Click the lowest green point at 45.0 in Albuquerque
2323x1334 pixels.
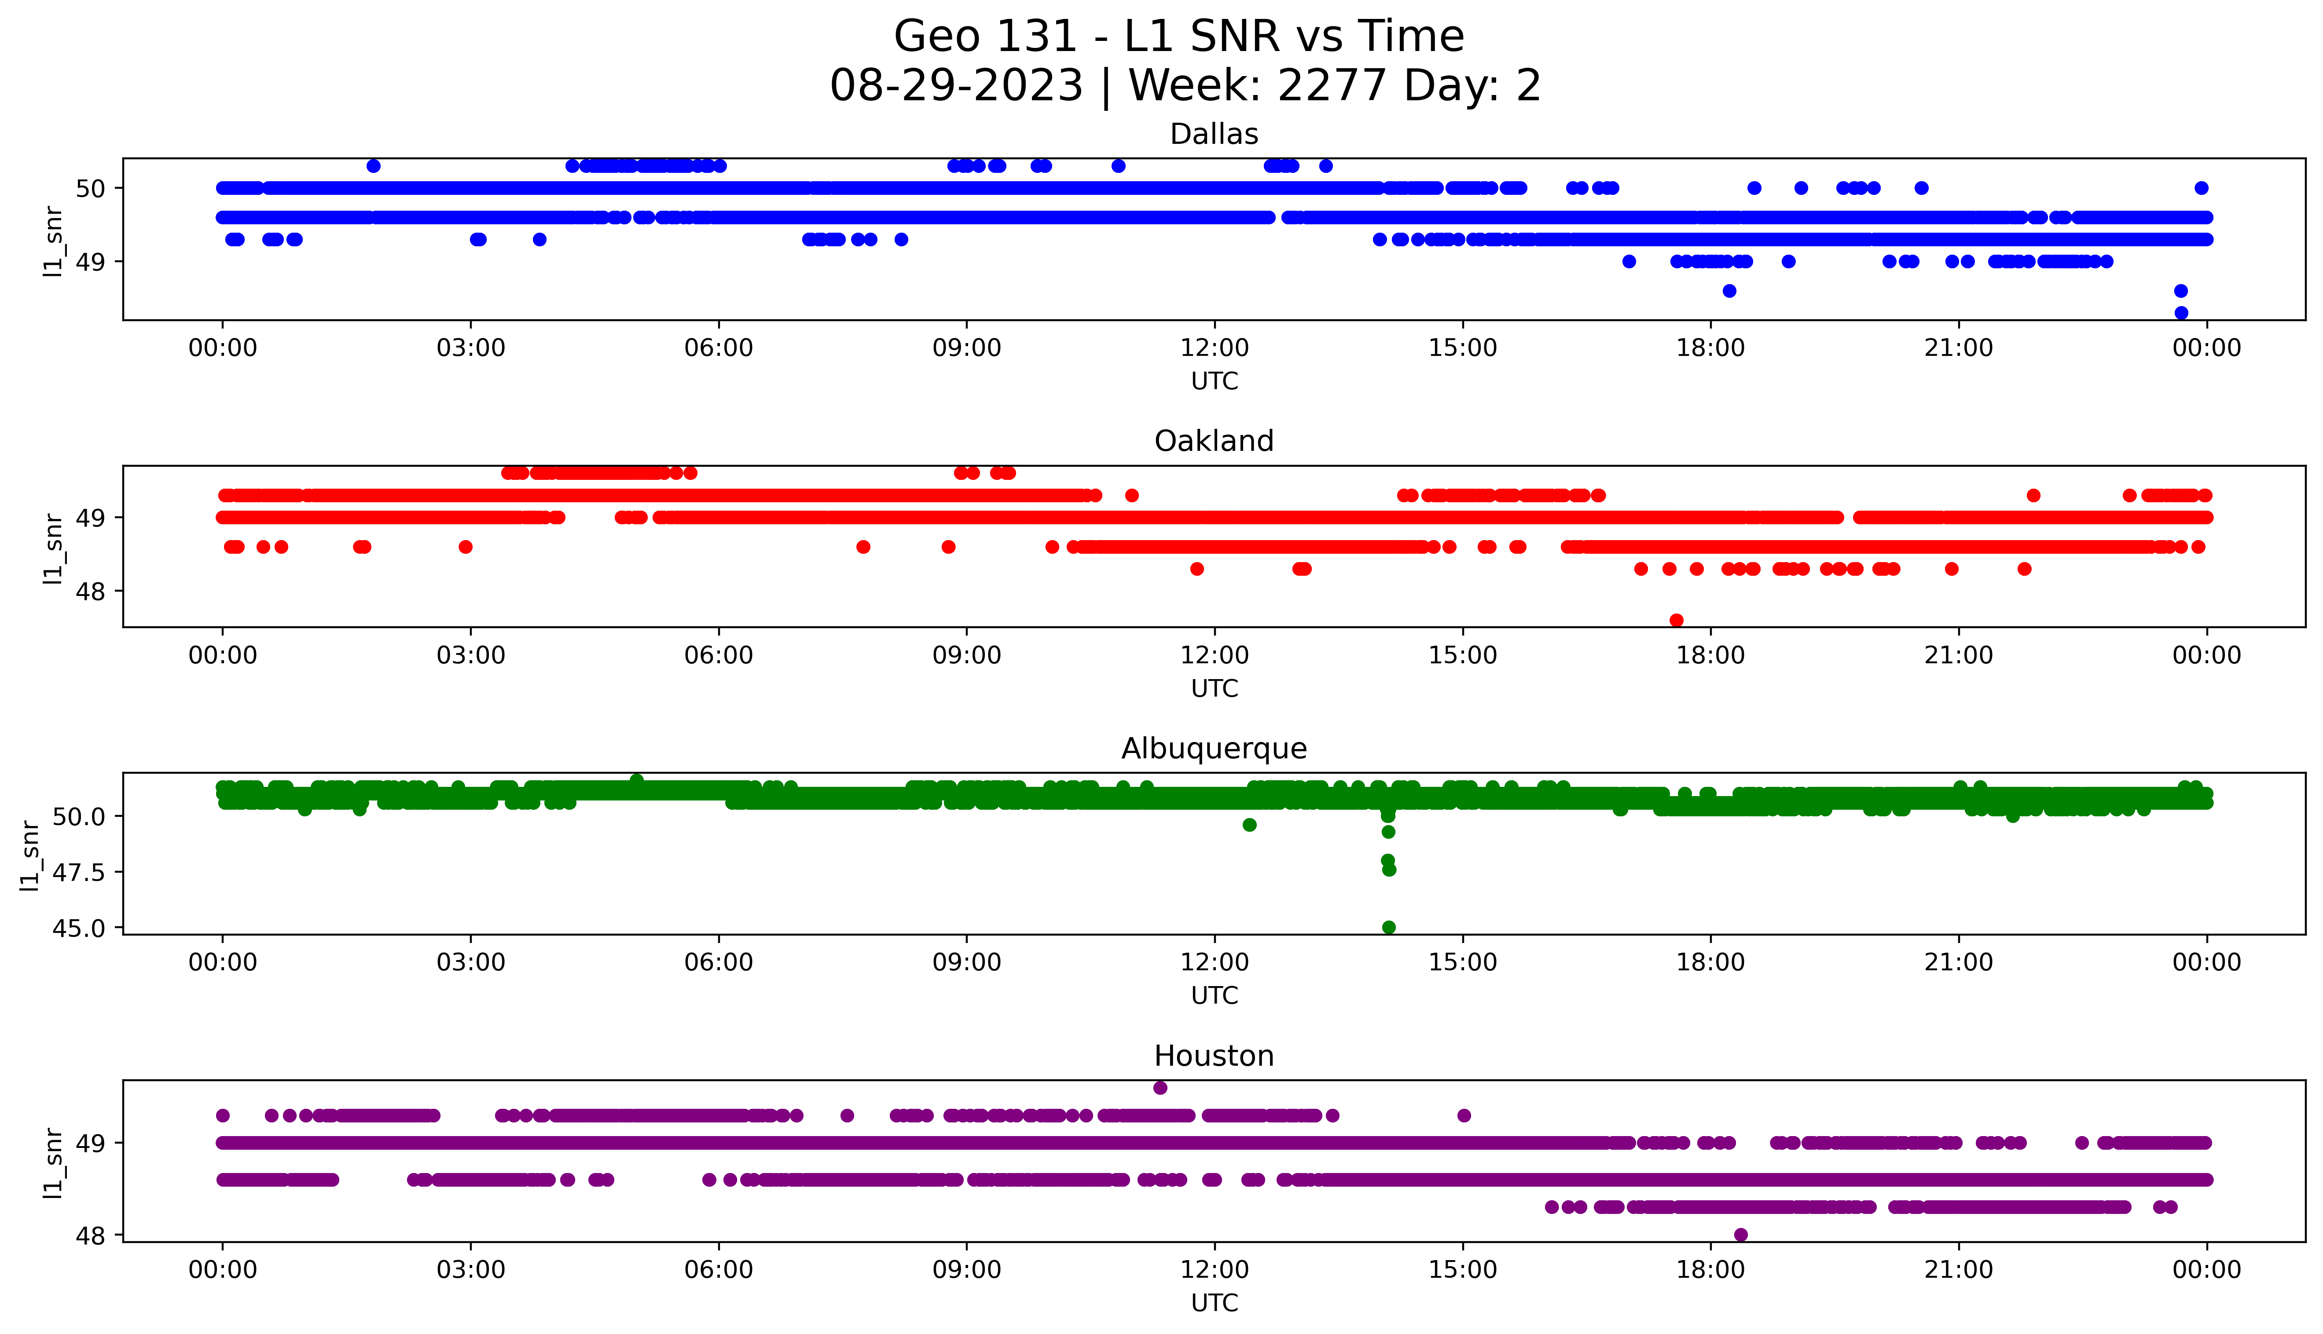(1388, 927)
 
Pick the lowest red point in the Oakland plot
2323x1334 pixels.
(1676, 620)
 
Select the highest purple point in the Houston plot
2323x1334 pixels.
(1160, 1088)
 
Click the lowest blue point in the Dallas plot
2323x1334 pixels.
(2181, 312)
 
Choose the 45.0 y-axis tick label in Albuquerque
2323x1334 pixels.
(79, 928)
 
